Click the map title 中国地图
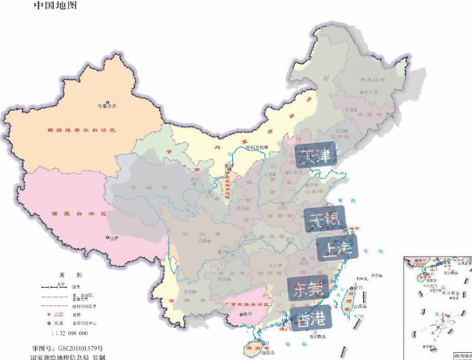point(56,6)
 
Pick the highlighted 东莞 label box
point(308,289)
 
